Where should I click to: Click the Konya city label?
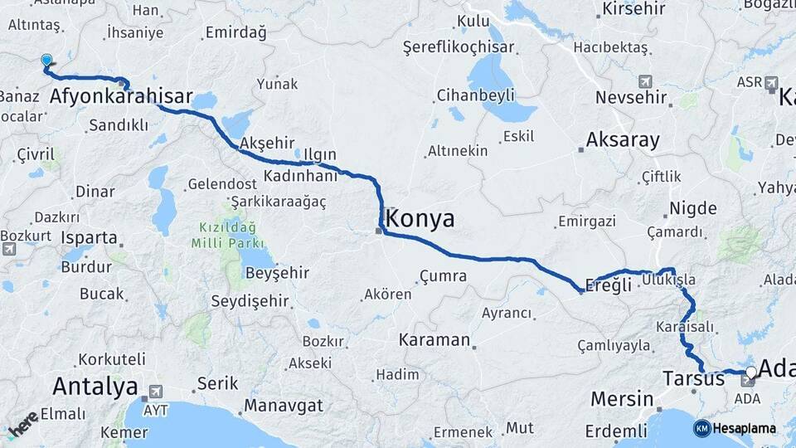pos(421,219)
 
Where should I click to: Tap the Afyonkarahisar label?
pos(121,97)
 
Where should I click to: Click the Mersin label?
pos(622,399)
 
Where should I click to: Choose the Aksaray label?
pos(623,139)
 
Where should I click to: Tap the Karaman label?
pos(434,340)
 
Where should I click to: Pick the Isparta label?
pos(90,237)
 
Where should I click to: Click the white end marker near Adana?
pos(750,373)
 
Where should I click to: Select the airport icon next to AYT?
pos(156,391)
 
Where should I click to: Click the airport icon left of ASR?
pos(772,83)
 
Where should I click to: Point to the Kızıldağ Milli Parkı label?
pos(227,235)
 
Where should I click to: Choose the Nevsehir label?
pos(631,98)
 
